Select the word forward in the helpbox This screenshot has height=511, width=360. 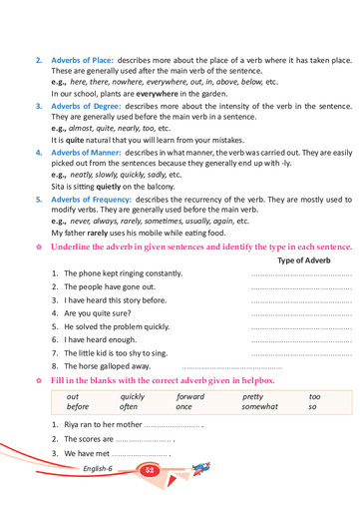pos(189,396)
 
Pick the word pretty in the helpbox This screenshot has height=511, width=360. pos(252,396)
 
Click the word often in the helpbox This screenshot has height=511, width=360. pos(129,407)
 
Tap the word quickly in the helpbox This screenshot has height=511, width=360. pos(132,396)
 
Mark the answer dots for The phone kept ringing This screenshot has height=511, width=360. pos(301,273)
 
